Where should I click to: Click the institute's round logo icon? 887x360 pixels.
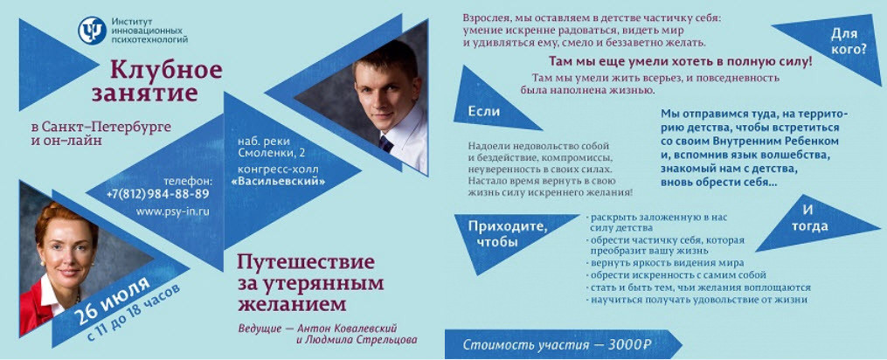[92, 31]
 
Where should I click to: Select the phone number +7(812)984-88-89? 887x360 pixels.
[157, 193]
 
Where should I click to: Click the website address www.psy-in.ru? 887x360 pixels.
[172, 211]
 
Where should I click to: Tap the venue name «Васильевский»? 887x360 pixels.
[279, 181]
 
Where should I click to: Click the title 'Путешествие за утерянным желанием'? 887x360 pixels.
[305, 282]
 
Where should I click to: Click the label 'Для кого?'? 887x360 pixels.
[848, 41]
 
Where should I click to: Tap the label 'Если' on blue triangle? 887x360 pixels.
[483, 111]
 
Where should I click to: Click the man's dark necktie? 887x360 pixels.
[385, 143]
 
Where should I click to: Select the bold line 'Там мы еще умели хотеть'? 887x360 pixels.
[680, 62]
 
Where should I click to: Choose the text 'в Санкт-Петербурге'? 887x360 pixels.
[100, 127]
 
